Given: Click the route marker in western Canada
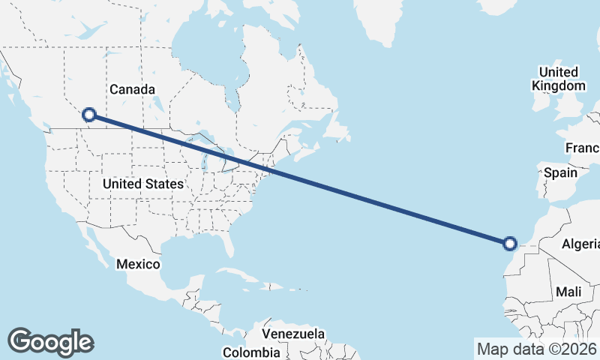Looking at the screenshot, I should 89,115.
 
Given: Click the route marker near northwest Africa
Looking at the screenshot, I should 510,243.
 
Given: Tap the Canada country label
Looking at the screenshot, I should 132,89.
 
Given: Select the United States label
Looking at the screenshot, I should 142,184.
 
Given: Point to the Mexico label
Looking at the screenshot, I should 138,264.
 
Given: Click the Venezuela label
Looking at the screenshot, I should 293,333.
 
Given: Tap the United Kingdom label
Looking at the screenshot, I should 558,79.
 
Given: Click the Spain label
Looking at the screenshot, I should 560,172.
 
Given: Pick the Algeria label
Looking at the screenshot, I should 581,244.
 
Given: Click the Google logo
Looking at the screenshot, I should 50,342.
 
